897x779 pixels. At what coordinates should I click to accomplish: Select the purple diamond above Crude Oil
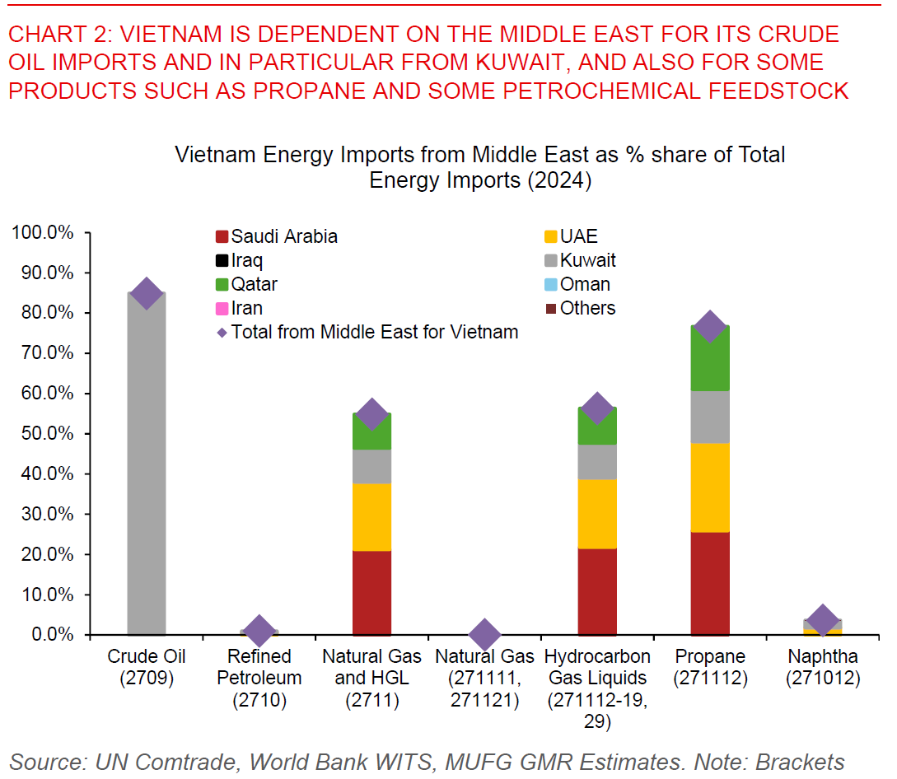tap(147, 292)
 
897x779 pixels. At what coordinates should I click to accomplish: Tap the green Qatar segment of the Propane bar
tap(710, 358)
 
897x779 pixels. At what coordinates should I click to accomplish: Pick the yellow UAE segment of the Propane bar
tap(710, 487)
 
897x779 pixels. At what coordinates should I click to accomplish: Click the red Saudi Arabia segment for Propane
tap(710, 583)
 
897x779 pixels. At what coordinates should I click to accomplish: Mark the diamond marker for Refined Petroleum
tap(259, 631)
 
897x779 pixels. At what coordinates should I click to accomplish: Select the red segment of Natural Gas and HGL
tap(371, 593)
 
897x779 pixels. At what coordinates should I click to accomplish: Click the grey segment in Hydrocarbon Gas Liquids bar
tap(597, 462)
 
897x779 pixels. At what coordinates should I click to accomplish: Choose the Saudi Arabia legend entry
tap(276, 237)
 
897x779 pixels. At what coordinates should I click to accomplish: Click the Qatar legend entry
tap(246, 285)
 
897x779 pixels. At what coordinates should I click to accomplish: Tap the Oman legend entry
tap(577, 285)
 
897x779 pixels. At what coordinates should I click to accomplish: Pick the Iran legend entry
tap(239, 309)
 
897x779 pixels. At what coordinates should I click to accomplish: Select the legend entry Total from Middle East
tap(367, 333)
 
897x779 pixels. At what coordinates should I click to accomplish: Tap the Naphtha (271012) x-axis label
tap(822, 668)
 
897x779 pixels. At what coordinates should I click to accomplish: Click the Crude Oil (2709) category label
tap(147, 668)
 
